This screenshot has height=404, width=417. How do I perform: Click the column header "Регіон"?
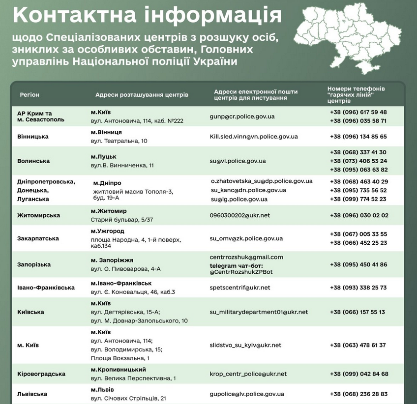click(x=30, y=94)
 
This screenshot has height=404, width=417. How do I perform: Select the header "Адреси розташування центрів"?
click(x=142, y=94)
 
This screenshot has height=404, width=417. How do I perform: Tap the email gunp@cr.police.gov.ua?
click(x=242, y=116)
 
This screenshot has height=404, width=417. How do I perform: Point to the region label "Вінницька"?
click(x=33, y=137)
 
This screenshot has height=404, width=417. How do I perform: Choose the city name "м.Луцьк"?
click(x=103, y=156)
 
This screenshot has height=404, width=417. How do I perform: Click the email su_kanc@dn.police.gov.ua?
click(x=248, y=190)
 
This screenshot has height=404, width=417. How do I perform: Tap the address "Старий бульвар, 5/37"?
click(x=121, y=220)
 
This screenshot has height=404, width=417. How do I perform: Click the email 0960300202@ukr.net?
click(x=239, y=215)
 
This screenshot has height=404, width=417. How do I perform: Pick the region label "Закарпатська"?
click(x=38, y=238)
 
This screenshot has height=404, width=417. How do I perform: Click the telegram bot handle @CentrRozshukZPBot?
click(x=240, y=271)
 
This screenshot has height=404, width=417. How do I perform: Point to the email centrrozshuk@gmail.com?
click(x=246, y=257)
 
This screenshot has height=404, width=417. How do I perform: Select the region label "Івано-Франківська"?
click(x=46, y=288)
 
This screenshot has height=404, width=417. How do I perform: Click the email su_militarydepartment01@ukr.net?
click(x=259, y=312)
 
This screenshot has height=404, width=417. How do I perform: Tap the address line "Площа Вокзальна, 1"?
click(x=120, y=358)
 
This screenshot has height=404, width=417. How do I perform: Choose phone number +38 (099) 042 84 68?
click(x=359, y=374)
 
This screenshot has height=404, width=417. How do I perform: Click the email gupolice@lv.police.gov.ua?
click(x=247, y=394)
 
